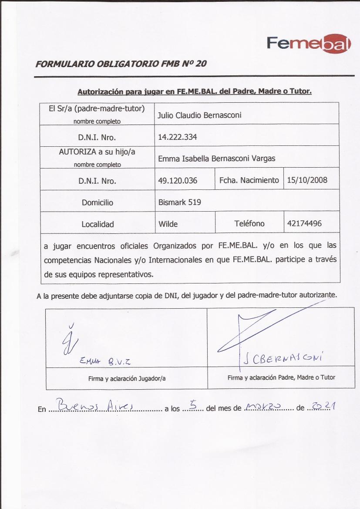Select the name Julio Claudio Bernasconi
click(x=199, y=115)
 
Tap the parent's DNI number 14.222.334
click(x=178, y=137)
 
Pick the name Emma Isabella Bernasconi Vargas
click(x=216, y=158)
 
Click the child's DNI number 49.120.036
click(x=178, y=180)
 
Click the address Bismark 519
click(x=179, y=202)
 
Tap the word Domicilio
click(x=97, y=202)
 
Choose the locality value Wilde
click(x=168, y=224)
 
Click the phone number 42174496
click(x=304, y=223)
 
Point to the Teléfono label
click(x=249, y=224)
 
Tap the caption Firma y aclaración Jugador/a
click(x=127, y=379)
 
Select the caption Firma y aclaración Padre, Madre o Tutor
click(x=281, y=378)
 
